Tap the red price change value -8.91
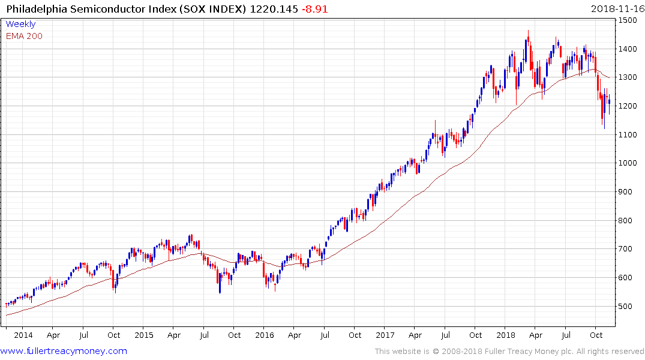[314, 9]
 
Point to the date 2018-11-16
[616, 9]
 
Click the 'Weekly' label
[20, 24]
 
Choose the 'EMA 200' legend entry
[24, 36]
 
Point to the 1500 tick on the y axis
[629, 20]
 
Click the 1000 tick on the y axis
[629, 163]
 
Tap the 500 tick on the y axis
[627, 306]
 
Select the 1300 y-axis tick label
[629, 77]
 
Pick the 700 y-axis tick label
[627, 249]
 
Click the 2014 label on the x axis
[24, 335]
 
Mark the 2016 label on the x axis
[265, 335]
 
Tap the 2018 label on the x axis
[506, 335]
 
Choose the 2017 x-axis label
[385, 335]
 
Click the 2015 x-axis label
[144, 335]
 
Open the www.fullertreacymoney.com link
[64, 351]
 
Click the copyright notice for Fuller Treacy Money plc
[509, 351]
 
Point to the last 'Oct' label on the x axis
[596, 335]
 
